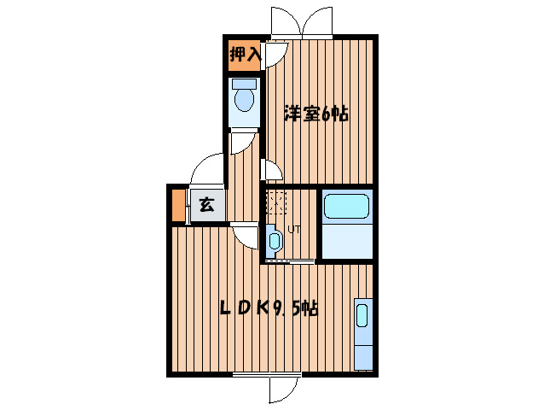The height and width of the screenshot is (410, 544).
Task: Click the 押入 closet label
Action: (245, 56)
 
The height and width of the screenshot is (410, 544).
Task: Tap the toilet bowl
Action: (245, 101)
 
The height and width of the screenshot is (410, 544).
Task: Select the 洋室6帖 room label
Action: (317, 113)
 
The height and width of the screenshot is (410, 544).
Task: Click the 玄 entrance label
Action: (205, 205)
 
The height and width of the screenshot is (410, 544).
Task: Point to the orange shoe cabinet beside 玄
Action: (178, 205)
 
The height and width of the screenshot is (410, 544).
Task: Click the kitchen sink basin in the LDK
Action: (362, 316)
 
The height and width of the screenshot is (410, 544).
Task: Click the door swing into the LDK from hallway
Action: (246, 234)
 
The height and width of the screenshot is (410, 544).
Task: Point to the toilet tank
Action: (245, 85)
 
